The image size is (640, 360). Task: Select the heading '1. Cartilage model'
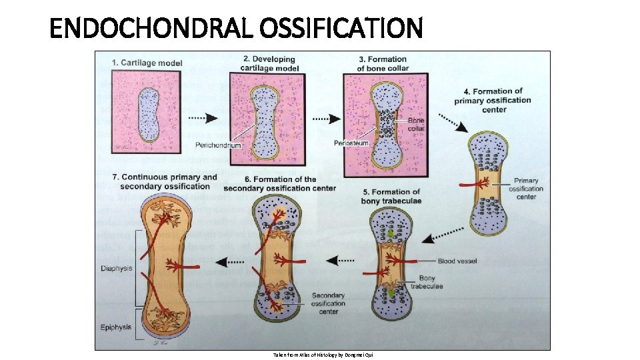[x=147, y=63]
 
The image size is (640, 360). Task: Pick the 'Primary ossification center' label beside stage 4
[x=526, y=189]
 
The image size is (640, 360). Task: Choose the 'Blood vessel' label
[x=457, y=261]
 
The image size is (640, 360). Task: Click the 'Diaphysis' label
[x=117, y=269]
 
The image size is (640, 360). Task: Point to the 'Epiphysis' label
[x=117, y=327]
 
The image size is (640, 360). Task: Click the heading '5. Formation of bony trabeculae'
[x=391, y=197]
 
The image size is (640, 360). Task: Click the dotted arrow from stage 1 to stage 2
[x=204, y=118]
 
